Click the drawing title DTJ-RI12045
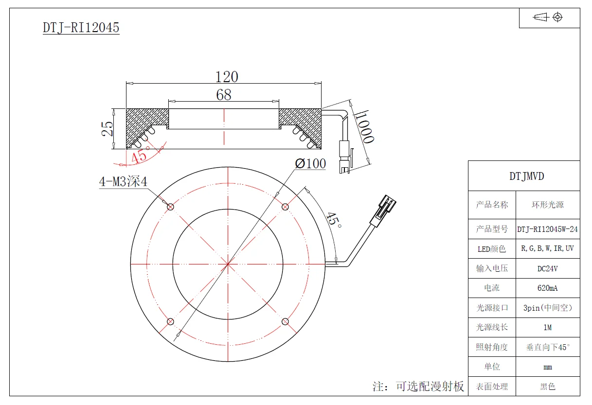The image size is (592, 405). (x=81, y=28)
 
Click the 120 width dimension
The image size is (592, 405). (x=227, y=77)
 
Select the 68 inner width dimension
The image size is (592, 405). (x=224, y=95)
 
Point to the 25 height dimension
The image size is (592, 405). (x=107, y=129)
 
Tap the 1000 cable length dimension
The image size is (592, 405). (x=364, y=127)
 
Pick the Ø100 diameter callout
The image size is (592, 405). (x=310, y=163)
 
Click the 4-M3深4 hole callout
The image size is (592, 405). (x=123, y=181)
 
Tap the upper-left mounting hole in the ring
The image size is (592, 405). (x=170, y=207)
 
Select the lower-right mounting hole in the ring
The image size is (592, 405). (x=285, y=321)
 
